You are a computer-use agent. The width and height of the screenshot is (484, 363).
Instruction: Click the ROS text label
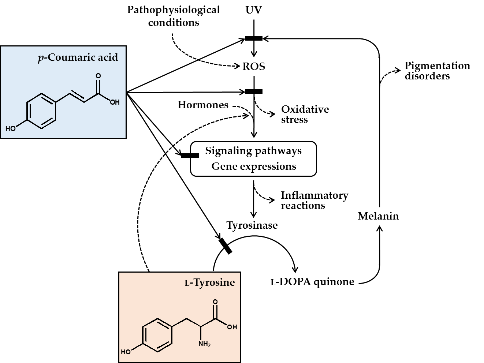coord(254,67)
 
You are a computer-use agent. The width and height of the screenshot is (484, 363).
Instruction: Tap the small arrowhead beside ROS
coord(239,67)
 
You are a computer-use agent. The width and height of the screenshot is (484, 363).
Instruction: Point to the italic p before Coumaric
coord(41,58)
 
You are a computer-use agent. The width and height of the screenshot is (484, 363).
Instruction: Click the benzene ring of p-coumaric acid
coord(41,112)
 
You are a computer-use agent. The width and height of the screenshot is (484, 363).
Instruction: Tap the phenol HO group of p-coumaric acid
coord(11,128)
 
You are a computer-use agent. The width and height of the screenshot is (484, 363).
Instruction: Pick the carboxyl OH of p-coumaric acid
coord(115,102)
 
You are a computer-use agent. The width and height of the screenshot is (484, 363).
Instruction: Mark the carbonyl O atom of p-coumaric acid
coord(98,76)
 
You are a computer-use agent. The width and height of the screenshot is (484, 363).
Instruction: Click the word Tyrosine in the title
coord(214,282)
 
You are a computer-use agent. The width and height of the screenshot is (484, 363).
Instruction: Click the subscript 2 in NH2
coord(209,345)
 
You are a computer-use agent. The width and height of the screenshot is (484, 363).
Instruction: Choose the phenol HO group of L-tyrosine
coord(126,352)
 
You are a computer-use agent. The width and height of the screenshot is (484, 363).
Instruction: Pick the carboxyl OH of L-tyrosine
coord(232,327)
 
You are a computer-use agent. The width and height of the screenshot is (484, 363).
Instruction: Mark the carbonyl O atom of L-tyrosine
coord(215,302)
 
